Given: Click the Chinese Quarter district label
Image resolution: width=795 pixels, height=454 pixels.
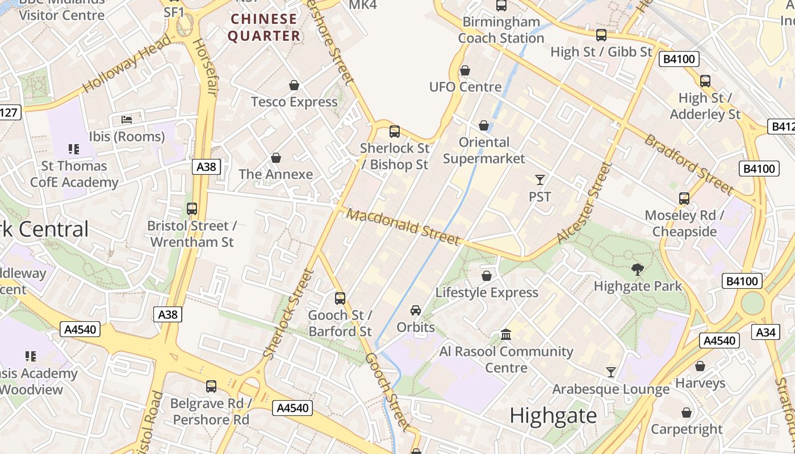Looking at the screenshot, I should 264,27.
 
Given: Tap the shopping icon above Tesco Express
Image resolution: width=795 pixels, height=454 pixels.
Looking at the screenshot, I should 294,86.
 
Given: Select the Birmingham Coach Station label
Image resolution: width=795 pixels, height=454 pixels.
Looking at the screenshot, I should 501,30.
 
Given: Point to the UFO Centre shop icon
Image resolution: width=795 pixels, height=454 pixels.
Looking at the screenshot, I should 465,70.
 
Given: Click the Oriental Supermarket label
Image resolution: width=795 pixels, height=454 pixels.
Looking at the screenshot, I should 484,150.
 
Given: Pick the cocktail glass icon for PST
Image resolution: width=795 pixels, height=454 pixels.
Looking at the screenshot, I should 539,180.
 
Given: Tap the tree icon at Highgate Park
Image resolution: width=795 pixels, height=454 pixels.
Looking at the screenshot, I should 638,269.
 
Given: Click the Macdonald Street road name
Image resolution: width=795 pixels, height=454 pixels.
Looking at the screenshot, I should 403,226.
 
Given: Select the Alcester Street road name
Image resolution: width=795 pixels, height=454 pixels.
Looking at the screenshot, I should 585,203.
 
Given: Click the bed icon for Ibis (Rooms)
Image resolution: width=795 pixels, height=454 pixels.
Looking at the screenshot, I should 127,120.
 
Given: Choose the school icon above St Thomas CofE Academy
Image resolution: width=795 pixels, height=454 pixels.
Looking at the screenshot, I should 73,149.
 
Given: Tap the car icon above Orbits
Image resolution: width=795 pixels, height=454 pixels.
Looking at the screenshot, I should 416,310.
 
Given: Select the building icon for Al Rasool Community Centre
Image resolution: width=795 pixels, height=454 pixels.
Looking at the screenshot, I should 506,334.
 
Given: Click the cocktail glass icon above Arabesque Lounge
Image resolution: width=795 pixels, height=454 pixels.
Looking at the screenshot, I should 611,372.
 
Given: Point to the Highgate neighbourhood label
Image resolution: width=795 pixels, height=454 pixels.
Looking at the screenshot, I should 553,416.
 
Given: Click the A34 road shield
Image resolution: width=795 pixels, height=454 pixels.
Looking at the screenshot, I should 765,332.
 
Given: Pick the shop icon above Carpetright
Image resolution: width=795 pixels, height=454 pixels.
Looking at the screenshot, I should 687,413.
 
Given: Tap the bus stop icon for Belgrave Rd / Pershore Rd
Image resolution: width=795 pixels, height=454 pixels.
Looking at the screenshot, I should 211,386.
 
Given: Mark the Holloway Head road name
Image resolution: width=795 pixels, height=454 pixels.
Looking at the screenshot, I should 126,63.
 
